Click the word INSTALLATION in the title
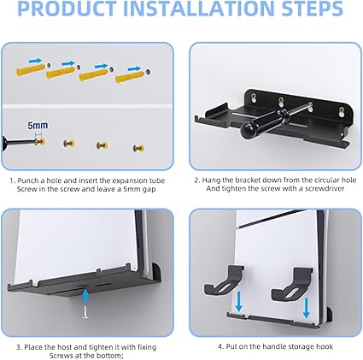pyautogui.click(x=197, y=9)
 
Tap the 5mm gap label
pyautogui.click(x=38, y=125)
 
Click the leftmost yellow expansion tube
pyautogui.click(x=31, y=70)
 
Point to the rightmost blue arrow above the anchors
pyautogui.click(x=134, y=68)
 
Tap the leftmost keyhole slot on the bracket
pyautogui.click(x=253, y=98)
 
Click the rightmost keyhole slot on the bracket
pyautogui.click(x=341, y=111)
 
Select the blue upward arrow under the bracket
pyautogui.click(x=85, y=298)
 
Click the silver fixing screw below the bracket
pyautogui.click(x=85, y=312)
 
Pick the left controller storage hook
pyautogui.click(x=224, y=280)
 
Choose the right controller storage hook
pyautogui.click(x=292, y=284)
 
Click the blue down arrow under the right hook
pyautogui.click(x=307, y=309)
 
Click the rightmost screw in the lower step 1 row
pyautogui.click(x=138, y=148)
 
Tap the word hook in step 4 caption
pyautogui.click(x=325, y=346)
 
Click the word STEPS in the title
pyautogui.click(x=312, y=9)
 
